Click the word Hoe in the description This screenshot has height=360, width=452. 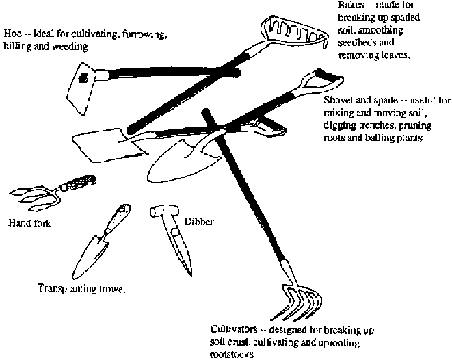click(x=12, y=33)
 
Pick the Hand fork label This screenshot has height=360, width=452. click(x=29, y=222)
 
